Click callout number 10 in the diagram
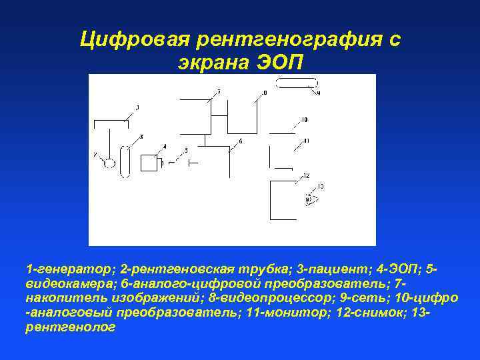click(304, 120)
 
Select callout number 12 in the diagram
click(305, 175)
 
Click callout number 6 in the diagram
click(240, 141)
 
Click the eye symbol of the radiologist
click(309, 199)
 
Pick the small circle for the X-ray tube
click(109, 163)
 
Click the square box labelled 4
click(149, 163)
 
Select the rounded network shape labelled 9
click(297, 83)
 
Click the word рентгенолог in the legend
click(70, 327)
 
